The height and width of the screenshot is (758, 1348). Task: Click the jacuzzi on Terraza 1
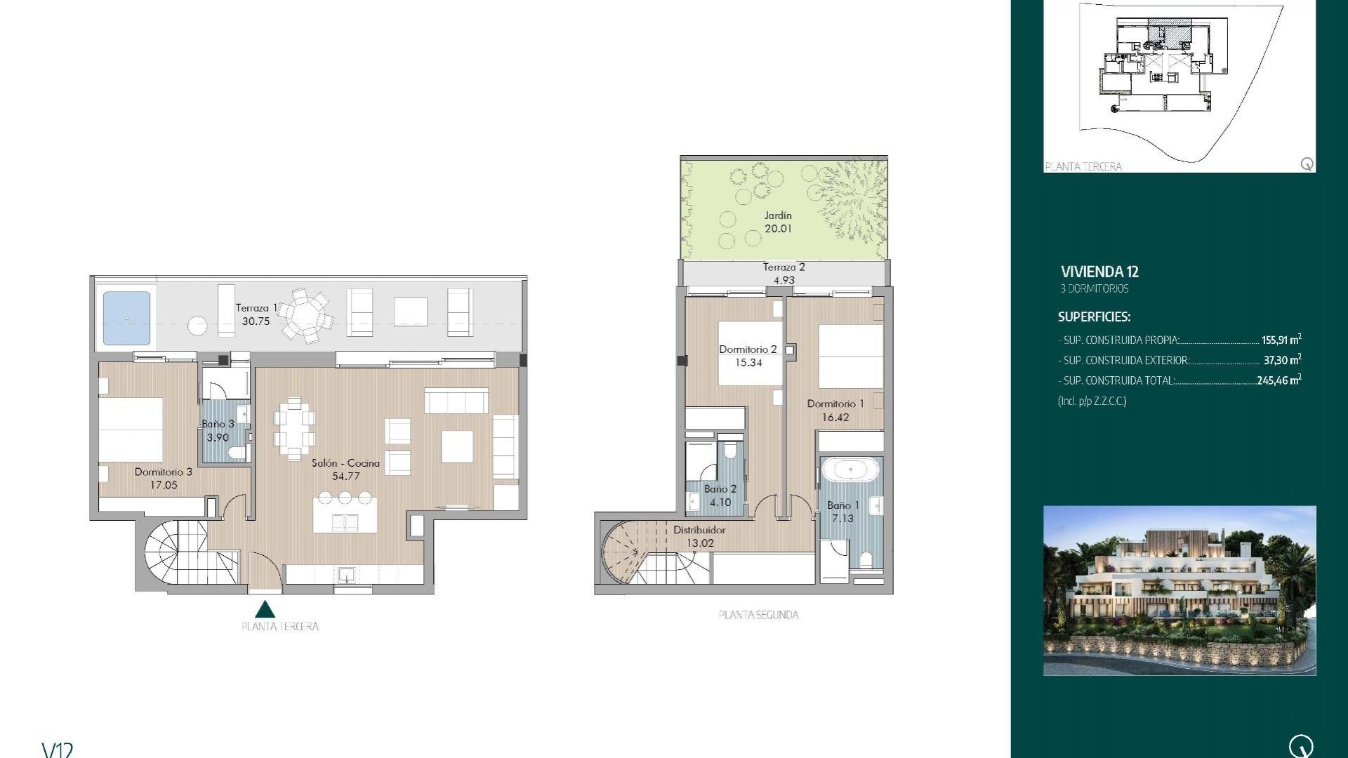(126, 318)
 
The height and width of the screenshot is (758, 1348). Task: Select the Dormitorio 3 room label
(163, 472)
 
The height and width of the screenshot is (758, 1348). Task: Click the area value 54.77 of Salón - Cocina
(345, 476)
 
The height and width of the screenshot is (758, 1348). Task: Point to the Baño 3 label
(218, 424)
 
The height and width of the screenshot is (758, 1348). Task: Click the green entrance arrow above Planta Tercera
(265, 609)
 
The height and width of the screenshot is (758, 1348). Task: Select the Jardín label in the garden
(778, 215)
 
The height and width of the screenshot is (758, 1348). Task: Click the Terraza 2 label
(784, 267)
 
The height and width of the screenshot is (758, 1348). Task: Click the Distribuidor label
(699, 530)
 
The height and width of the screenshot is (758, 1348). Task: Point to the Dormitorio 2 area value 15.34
(748, 363)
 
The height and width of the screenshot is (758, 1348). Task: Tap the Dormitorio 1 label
(835, 404)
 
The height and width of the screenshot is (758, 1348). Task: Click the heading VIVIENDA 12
(1099, 272)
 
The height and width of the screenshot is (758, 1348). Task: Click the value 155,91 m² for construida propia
(1281, 340)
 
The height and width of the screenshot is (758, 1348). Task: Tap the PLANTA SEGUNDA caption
(758, 615)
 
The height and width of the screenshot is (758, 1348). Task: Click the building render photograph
(1179, 590)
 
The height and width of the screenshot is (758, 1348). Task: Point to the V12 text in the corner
(58, 750)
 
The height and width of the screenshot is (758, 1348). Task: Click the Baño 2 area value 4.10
(720, 503)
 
